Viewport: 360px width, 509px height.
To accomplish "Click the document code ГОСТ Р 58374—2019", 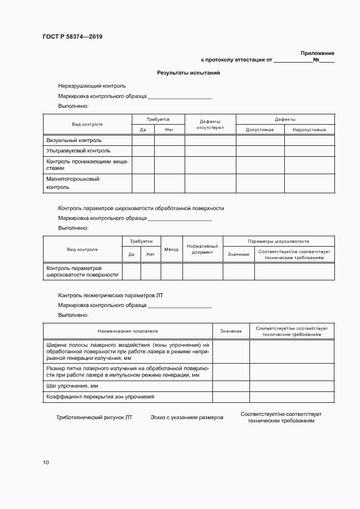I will [x=72, y=37].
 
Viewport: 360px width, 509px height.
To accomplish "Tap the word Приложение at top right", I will [x=317, y=53].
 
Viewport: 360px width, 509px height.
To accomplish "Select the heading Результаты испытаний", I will [x=188, y=72].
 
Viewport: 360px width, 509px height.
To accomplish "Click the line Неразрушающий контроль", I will [x=92, y=86].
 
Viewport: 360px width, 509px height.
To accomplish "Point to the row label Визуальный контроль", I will [x=74, y=140].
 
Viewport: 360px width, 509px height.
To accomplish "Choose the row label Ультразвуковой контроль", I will [x=78, y=151].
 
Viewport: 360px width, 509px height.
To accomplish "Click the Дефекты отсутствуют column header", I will [x=210, y=124].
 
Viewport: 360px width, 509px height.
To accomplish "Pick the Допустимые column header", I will [x=260, y=130].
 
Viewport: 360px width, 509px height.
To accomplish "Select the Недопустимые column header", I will [x=309, y=130].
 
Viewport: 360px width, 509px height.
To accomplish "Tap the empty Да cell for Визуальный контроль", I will [x=143, y=140].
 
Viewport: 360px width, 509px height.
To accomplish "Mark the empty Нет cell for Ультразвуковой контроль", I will [x=169, y=151].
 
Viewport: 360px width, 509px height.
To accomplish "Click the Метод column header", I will [x=171, y=249].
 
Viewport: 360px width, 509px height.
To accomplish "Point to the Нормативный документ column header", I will [x=203, y=249].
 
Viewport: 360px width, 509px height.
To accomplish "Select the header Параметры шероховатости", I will [x=278, y=241].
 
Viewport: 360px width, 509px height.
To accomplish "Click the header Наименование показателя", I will [x=128, y=331].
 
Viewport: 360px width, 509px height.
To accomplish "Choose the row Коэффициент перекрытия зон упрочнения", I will [x=101, y=397].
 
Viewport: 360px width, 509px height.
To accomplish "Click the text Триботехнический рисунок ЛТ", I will [x=94, y=418].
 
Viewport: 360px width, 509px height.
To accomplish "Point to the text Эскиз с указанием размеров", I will [x=187, y=418].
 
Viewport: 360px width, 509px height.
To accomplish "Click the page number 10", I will [x=46, y=463].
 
